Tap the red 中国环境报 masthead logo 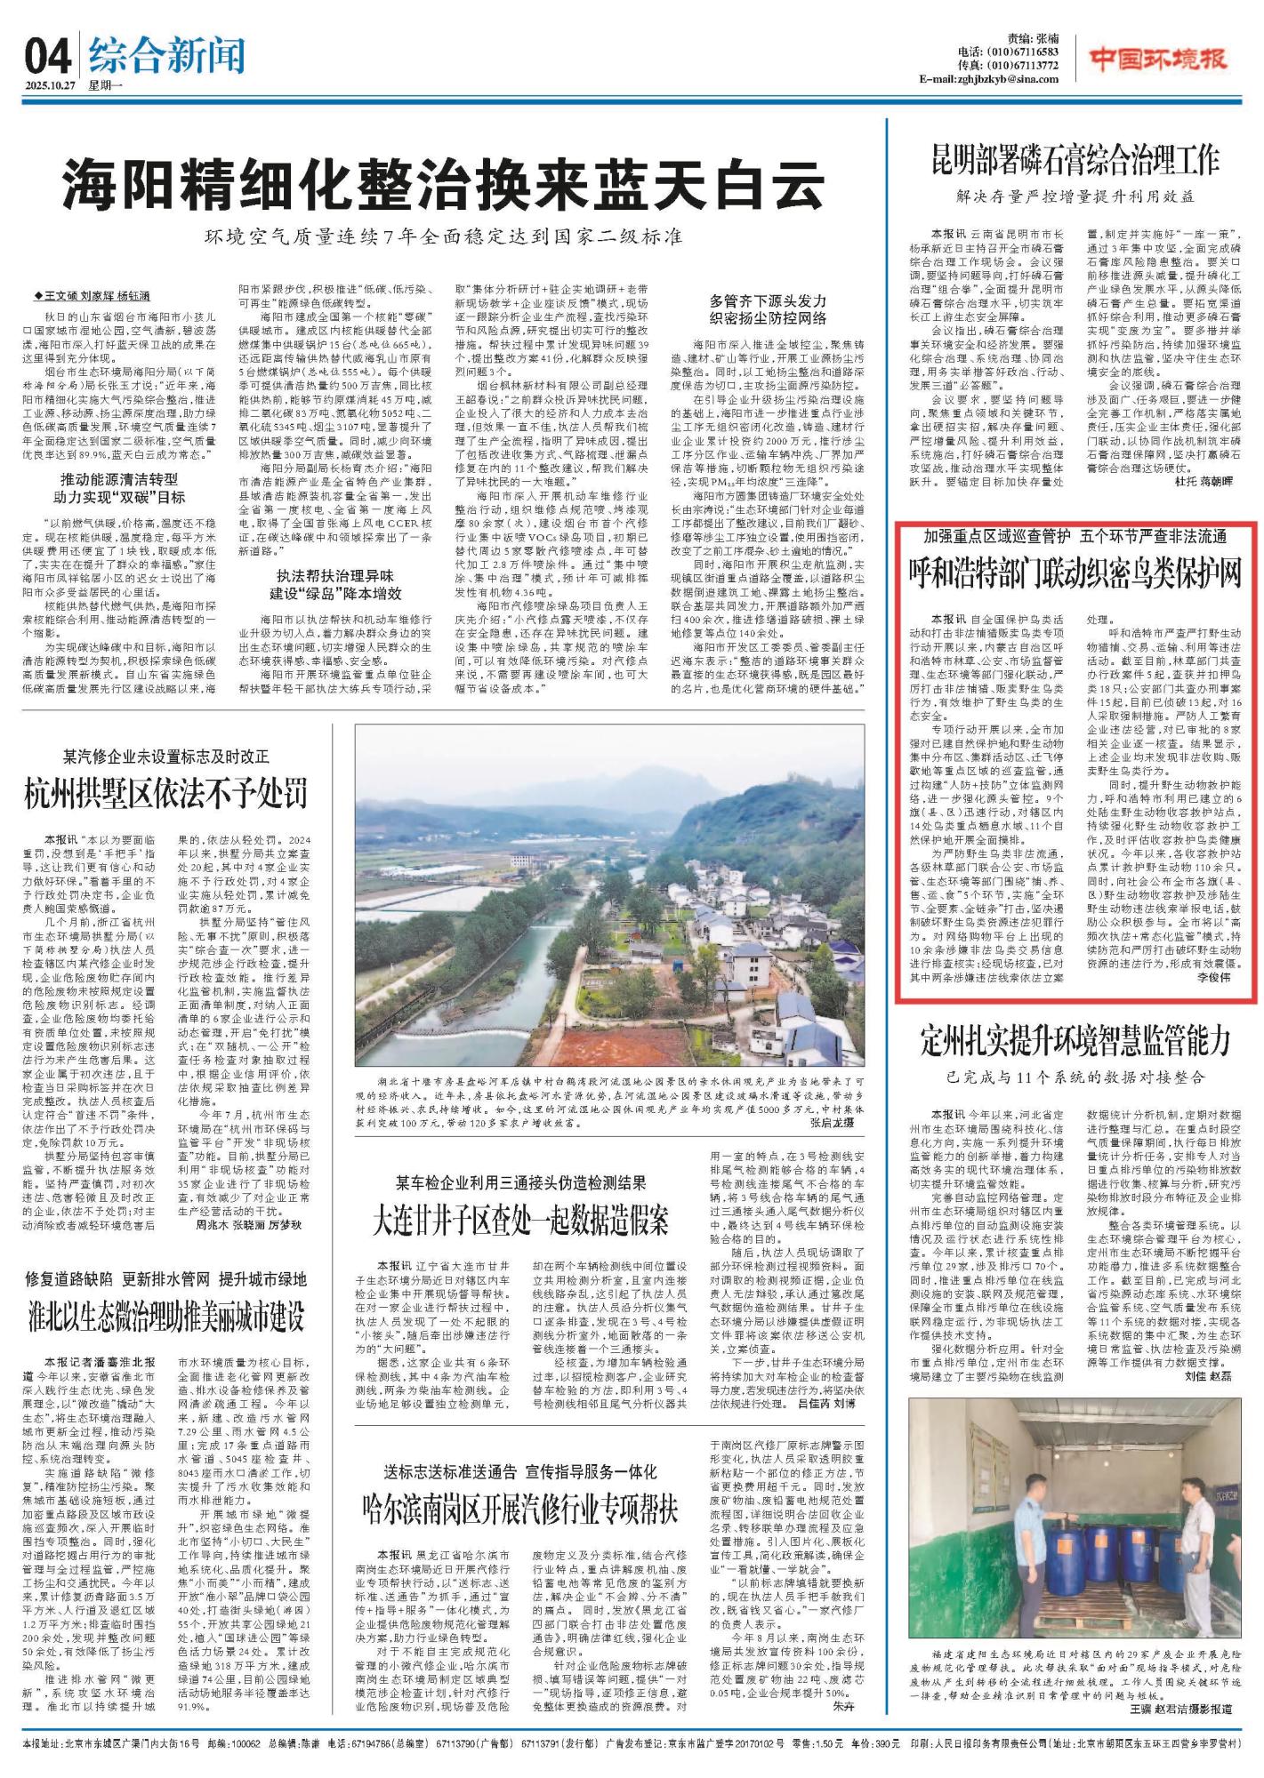[1159, 60]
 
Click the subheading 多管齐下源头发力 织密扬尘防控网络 [769, 309]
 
